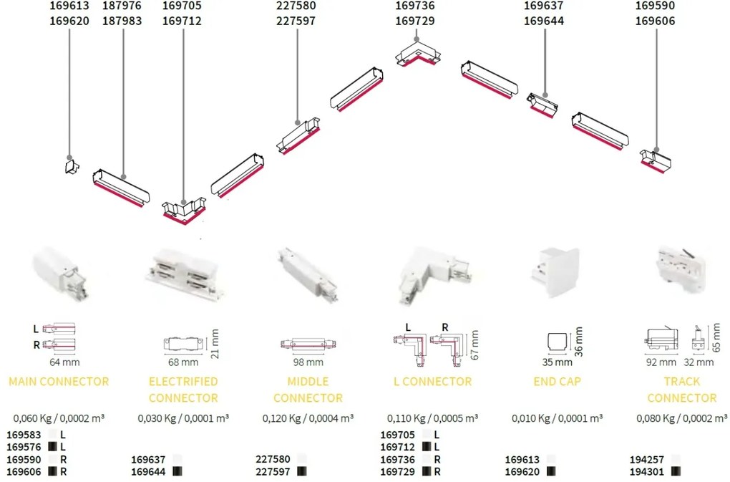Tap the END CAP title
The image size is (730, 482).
coord(557,381)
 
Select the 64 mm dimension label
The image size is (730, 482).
coord(63,363)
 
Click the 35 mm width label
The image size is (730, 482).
coord(550,363)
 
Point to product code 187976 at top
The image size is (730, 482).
coord(122,6)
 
